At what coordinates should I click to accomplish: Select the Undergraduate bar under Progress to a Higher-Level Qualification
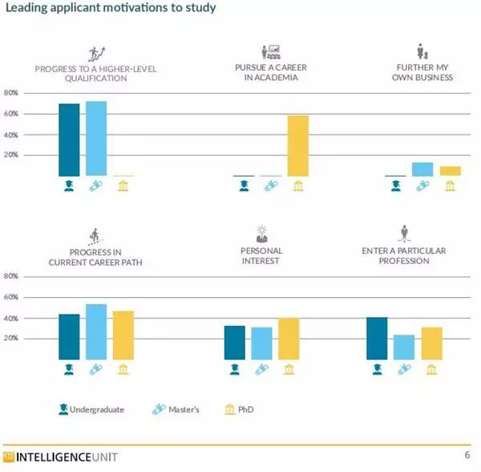(69, 140)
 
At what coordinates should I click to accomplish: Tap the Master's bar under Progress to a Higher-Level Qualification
(96, 138)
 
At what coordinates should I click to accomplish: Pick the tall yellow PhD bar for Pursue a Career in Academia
(297, 145)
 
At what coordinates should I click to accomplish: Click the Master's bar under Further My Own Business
(422, 169)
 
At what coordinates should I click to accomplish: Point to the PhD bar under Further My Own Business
(450, 171)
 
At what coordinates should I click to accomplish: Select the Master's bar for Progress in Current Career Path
(96, 332)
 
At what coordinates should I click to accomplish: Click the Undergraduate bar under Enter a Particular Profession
(377, 339)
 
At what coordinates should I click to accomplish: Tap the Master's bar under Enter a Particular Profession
(404, 348)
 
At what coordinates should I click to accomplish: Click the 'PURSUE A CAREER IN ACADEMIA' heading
(271, 73)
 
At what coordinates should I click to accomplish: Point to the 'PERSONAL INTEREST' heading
(261, 256)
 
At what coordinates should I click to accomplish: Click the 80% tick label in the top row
(11, 93)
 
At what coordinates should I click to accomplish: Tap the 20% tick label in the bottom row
(11, 339)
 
